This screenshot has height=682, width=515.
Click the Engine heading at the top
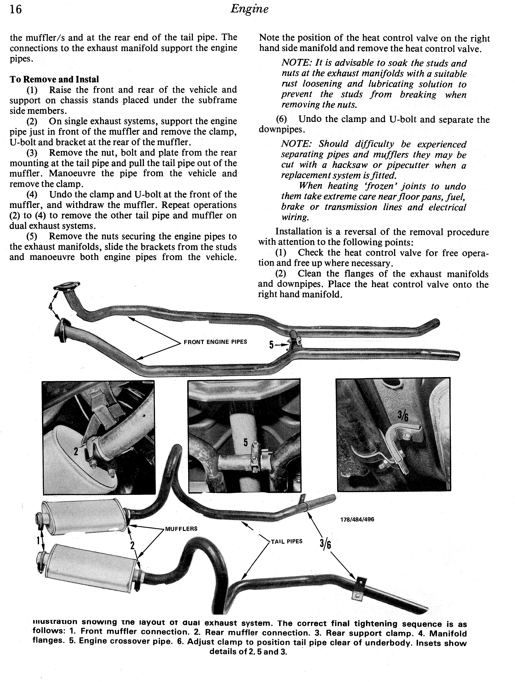[x=249, y=9]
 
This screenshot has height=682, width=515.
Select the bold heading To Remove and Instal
[x=54, y=79]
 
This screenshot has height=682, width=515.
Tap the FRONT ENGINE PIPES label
[x=215, y=342]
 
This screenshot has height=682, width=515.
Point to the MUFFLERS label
[x=181, y=529]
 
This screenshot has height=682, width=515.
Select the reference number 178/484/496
[x=357, y=519]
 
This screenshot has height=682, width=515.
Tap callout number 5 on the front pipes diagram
[x=271, y=345]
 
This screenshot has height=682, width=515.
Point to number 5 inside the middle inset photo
[x=246, y=442]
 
